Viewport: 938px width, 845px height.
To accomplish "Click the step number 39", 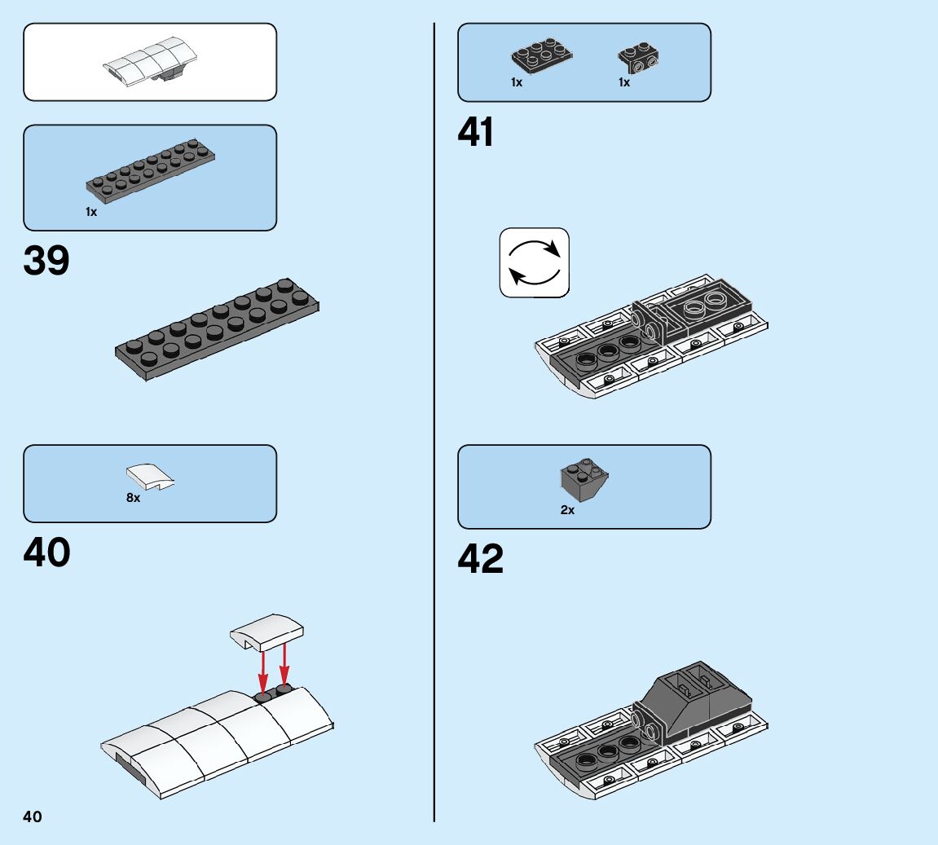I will point(47,261).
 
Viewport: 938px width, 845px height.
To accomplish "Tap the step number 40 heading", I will point(47,552).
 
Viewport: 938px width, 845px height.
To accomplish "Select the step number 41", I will point(476,133).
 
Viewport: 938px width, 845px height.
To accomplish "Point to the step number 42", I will point(481,559).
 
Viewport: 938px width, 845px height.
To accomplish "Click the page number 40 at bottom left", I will point(33,816).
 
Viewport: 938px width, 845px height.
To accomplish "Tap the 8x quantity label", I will point(133,497).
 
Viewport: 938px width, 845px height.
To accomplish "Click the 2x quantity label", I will point(567,510).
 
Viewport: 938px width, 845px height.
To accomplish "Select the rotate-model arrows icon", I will point(534,262).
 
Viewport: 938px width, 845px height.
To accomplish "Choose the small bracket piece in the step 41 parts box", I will point(639,56).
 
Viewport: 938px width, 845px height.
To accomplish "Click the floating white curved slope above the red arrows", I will point(266,632).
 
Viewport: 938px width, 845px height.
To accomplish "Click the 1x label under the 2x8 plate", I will point(91,212).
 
